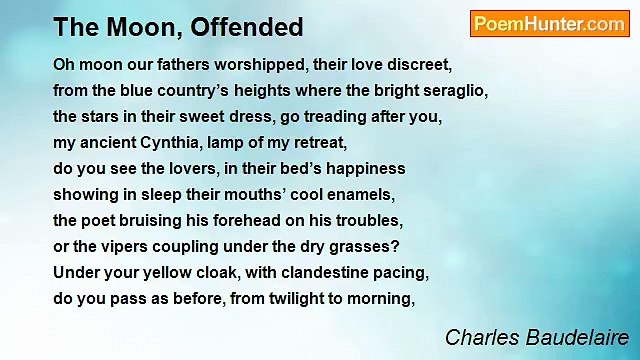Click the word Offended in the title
point(249,26)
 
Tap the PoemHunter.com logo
point(549,25)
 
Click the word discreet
point(418,64)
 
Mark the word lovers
point(174,168)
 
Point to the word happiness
point(366,168)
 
